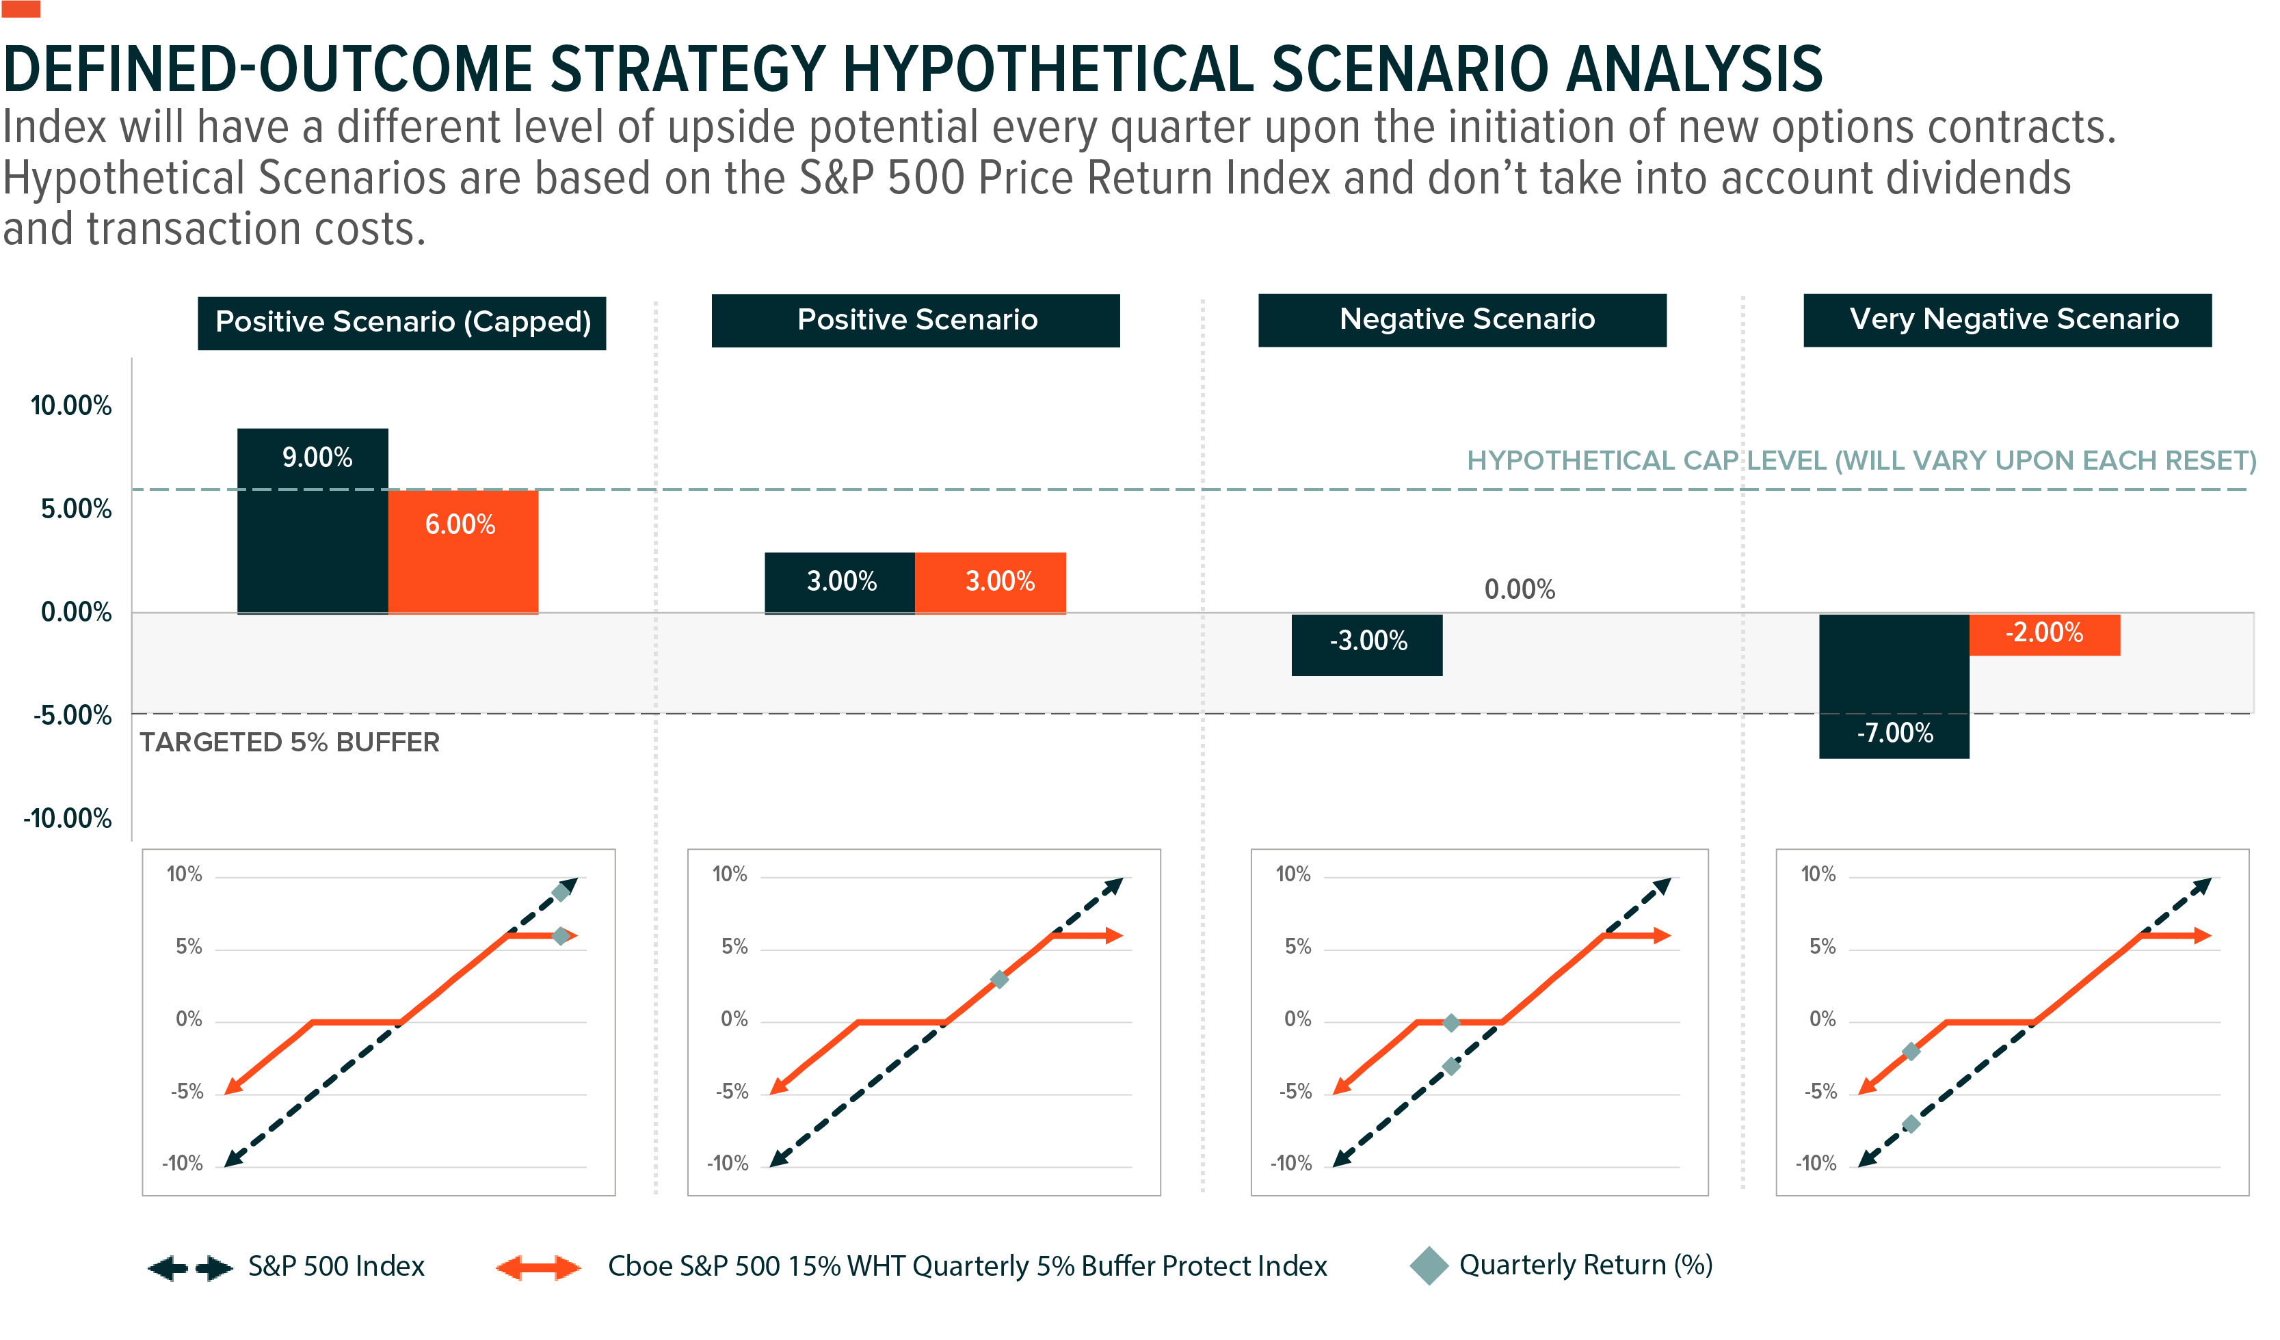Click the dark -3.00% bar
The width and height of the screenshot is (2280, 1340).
[x=1366, y=644]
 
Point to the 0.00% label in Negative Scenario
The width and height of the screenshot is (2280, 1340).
[x=1518, y=590]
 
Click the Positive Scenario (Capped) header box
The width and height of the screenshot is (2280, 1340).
[x=401, y=322]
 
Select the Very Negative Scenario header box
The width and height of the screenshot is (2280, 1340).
[x=2006, y=319]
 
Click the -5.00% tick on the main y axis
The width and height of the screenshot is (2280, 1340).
[x=72, y=716]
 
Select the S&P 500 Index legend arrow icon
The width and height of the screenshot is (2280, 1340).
[x=189, y=1268]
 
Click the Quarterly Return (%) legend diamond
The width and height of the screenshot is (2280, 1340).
[x=1429, y=1265]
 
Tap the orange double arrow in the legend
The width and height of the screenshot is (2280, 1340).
[x=538, y=1268]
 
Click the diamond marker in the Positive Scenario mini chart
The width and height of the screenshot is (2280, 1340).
[x=999, y=979]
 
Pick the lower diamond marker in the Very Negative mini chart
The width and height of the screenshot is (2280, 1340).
[x=1910, y=1124]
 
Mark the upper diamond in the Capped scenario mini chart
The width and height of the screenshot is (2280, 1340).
[x=561, y=892]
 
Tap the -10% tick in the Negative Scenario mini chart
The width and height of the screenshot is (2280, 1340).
[x=1290, y=1164]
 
